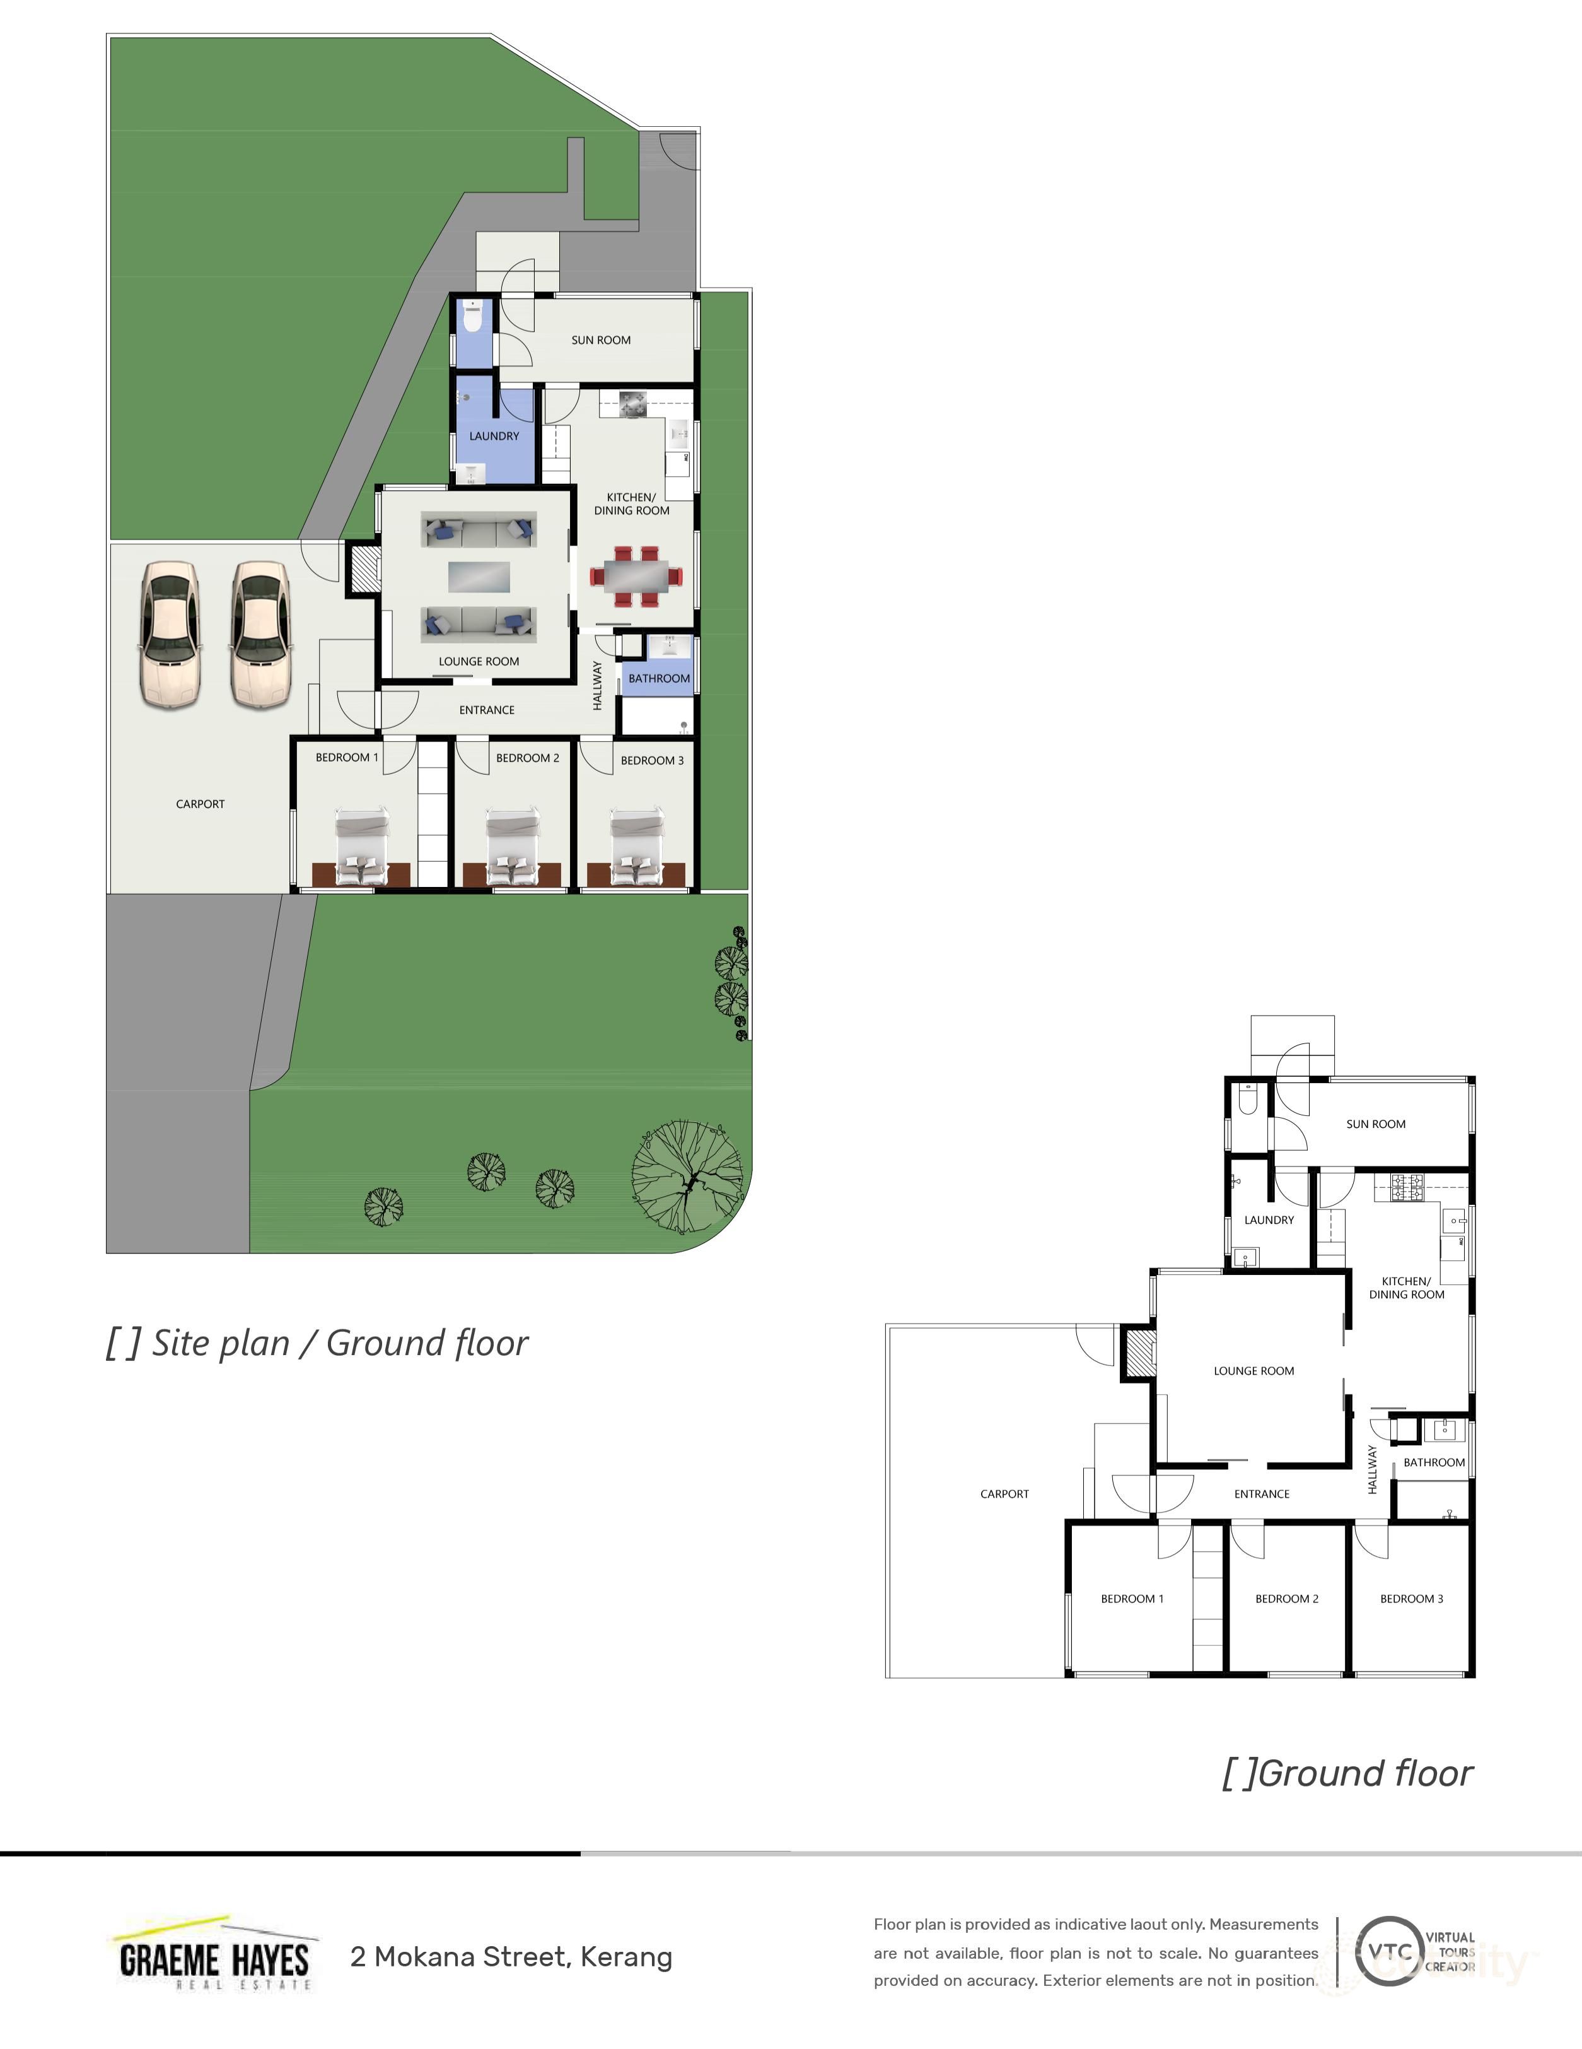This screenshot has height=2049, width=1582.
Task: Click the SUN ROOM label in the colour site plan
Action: point(600,341)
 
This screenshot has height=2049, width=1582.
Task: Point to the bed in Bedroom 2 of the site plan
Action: point(512,847)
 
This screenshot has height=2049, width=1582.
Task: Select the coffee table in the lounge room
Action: point(479,576)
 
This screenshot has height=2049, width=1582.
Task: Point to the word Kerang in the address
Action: point(625,1957)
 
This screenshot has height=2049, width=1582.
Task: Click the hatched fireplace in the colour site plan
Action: point(364,568)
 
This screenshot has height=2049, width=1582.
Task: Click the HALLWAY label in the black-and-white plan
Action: point(1372,1469)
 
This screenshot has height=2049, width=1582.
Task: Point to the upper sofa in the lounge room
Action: point(479,532)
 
